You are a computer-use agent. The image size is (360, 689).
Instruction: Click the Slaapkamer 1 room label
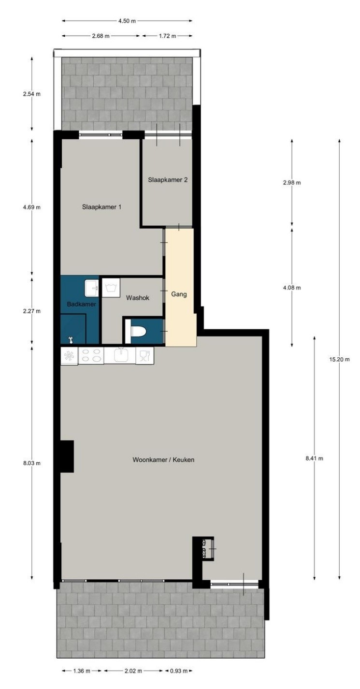(x=101, y=207)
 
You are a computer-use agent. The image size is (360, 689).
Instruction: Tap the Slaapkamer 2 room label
(x=168, y=180)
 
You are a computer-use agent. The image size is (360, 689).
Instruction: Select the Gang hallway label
(x=179, y=294)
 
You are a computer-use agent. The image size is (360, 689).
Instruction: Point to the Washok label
(x=138, y=298)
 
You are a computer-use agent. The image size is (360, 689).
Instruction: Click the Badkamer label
(x=82, y=304)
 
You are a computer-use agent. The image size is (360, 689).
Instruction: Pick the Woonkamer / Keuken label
(x=163, y=460)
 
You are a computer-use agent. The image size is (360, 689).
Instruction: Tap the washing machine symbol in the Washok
(x=111, y=288)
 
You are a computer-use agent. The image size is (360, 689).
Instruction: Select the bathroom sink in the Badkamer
(x=91, y=288)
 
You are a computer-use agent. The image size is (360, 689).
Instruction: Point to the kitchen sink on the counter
(x=120, y=356)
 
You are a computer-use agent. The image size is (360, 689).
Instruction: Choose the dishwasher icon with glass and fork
(x=144, y=356)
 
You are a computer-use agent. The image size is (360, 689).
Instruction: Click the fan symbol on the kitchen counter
(x=70, y=356)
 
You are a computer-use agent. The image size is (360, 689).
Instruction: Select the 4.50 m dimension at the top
(x=127, y=21)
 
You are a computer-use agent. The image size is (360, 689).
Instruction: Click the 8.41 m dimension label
(x=314, y=458)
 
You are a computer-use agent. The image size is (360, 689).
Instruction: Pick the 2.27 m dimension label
(x=32, y=311)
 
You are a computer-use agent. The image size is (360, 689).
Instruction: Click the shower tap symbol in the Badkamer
(x=71, y=340)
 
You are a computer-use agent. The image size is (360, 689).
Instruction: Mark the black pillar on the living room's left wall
(x=67, y=456)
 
